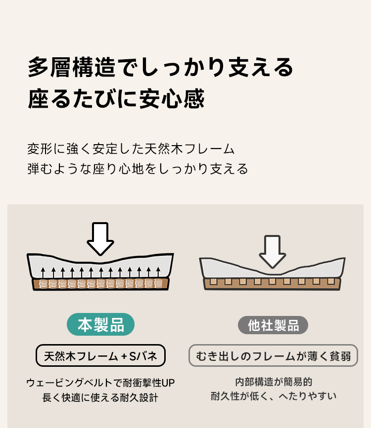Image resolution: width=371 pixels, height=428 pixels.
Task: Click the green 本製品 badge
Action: (101, 324)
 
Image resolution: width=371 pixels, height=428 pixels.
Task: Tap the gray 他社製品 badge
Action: (273, 325)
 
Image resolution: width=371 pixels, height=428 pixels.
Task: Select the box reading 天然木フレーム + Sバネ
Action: (101, 355)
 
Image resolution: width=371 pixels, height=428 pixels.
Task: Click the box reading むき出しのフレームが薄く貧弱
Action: (274, 355)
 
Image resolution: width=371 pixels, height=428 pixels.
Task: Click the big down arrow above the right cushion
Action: (273, 251)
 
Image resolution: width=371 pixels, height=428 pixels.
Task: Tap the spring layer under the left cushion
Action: (101, 284)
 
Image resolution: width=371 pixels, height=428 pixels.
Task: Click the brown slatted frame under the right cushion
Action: (273, 284)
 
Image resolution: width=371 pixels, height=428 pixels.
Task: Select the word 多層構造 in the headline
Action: (72, 67)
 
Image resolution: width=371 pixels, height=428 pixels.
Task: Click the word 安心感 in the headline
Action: (172, 98)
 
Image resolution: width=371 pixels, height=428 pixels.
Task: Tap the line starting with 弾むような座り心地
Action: (138, 169)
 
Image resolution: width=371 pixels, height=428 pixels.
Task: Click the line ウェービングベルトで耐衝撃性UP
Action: (100, 383)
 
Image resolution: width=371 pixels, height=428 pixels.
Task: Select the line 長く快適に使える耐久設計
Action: (100, 397)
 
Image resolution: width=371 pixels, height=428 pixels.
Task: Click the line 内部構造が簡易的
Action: (274, 382)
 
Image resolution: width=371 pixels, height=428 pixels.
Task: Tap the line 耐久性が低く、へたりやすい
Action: (274, 396)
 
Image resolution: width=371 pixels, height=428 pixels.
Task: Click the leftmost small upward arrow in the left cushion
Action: (43, 272)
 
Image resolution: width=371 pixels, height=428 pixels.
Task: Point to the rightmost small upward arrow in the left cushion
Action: (158, 272)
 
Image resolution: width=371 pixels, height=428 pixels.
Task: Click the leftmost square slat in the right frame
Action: (214, 281)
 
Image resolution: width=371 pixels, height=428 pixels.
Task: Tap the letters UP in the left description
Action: (168, 383)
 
